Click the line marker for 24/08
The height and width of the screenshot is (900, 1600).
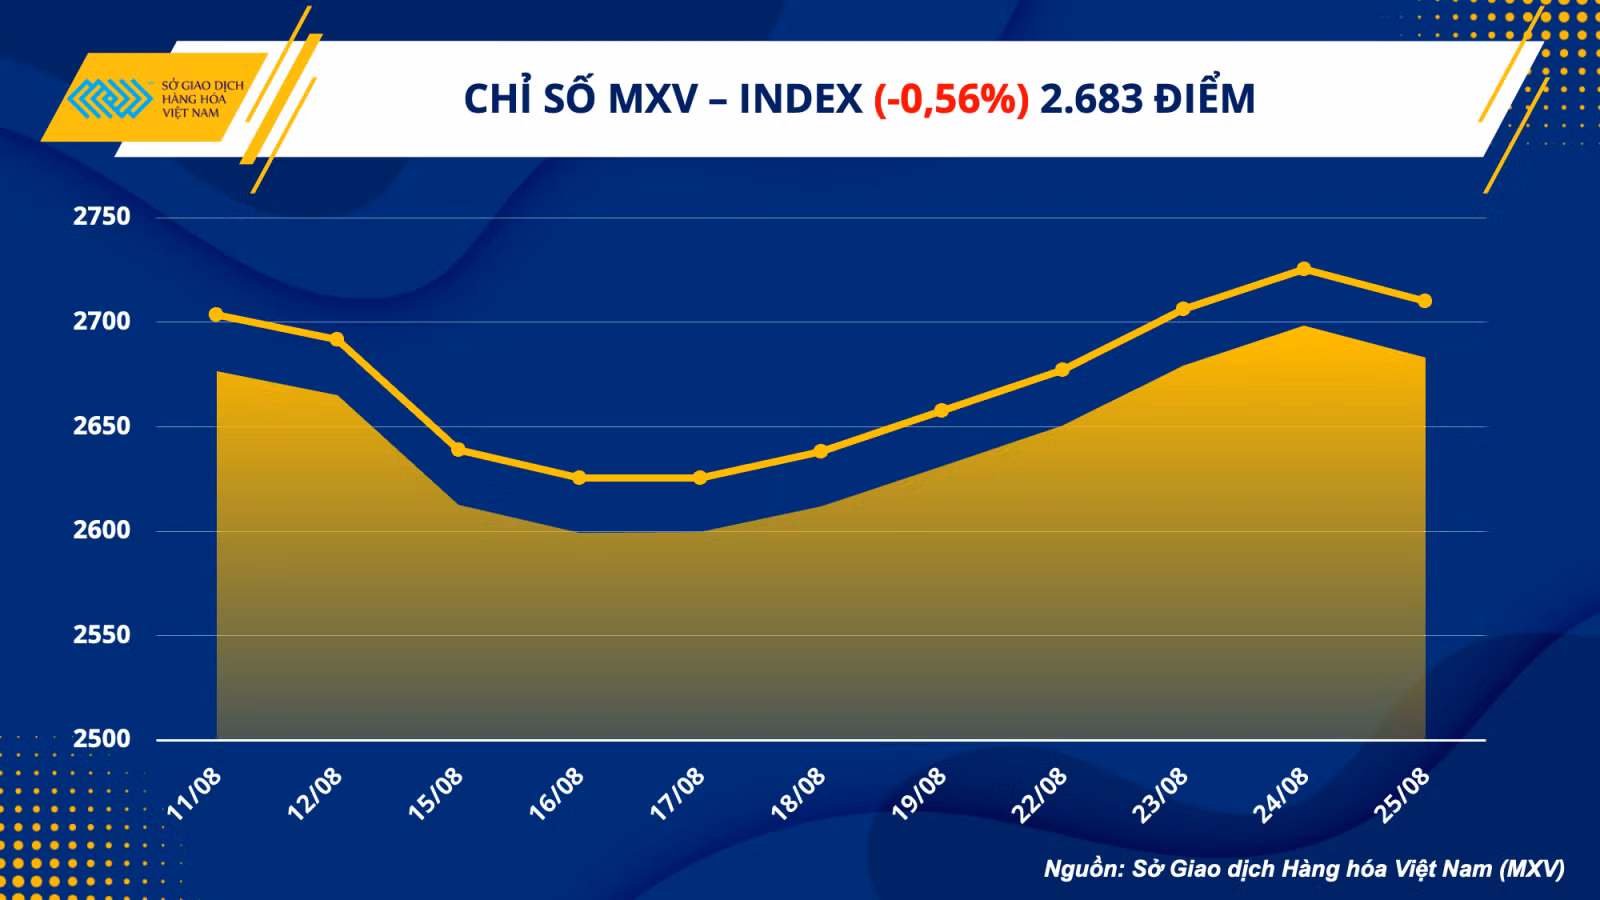1304,269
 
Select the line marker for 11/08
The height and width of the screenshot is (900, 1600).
216,314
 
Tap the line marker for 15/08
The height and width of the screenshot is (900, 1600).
459,450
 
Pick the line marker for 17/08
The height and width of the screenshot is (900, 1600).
700,477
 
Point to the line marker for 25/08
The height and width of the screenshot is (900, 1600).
1424,301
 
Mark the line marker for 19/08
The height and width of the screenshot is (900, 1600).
941,410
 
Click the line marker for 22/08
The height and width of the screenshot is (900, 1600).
1062,369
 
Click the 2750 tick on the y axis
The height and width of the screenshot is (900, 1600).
101,216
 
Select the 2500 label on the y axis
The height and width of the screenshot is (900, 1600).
101,739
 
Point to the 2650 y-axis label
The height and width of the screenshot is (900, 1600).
101,426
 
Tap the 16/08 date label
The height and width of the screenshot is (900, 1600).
556,794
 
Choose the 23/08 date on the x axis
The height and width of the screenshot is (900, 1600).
1160,794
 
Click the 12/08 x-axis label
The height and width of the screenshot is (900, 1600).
314,794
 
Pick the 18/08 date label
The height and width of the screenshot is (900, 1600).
798,794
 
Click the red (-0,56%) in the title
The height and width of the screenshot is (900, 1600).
951,99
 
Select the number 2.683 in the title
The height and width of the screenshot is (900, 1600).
1091,99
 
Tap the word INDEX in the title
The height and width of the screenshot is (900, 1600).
801,99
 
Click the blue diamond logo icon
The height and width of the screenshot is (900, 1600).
110,98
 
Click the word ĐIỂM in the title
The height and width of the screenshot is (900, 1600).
1205,96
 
